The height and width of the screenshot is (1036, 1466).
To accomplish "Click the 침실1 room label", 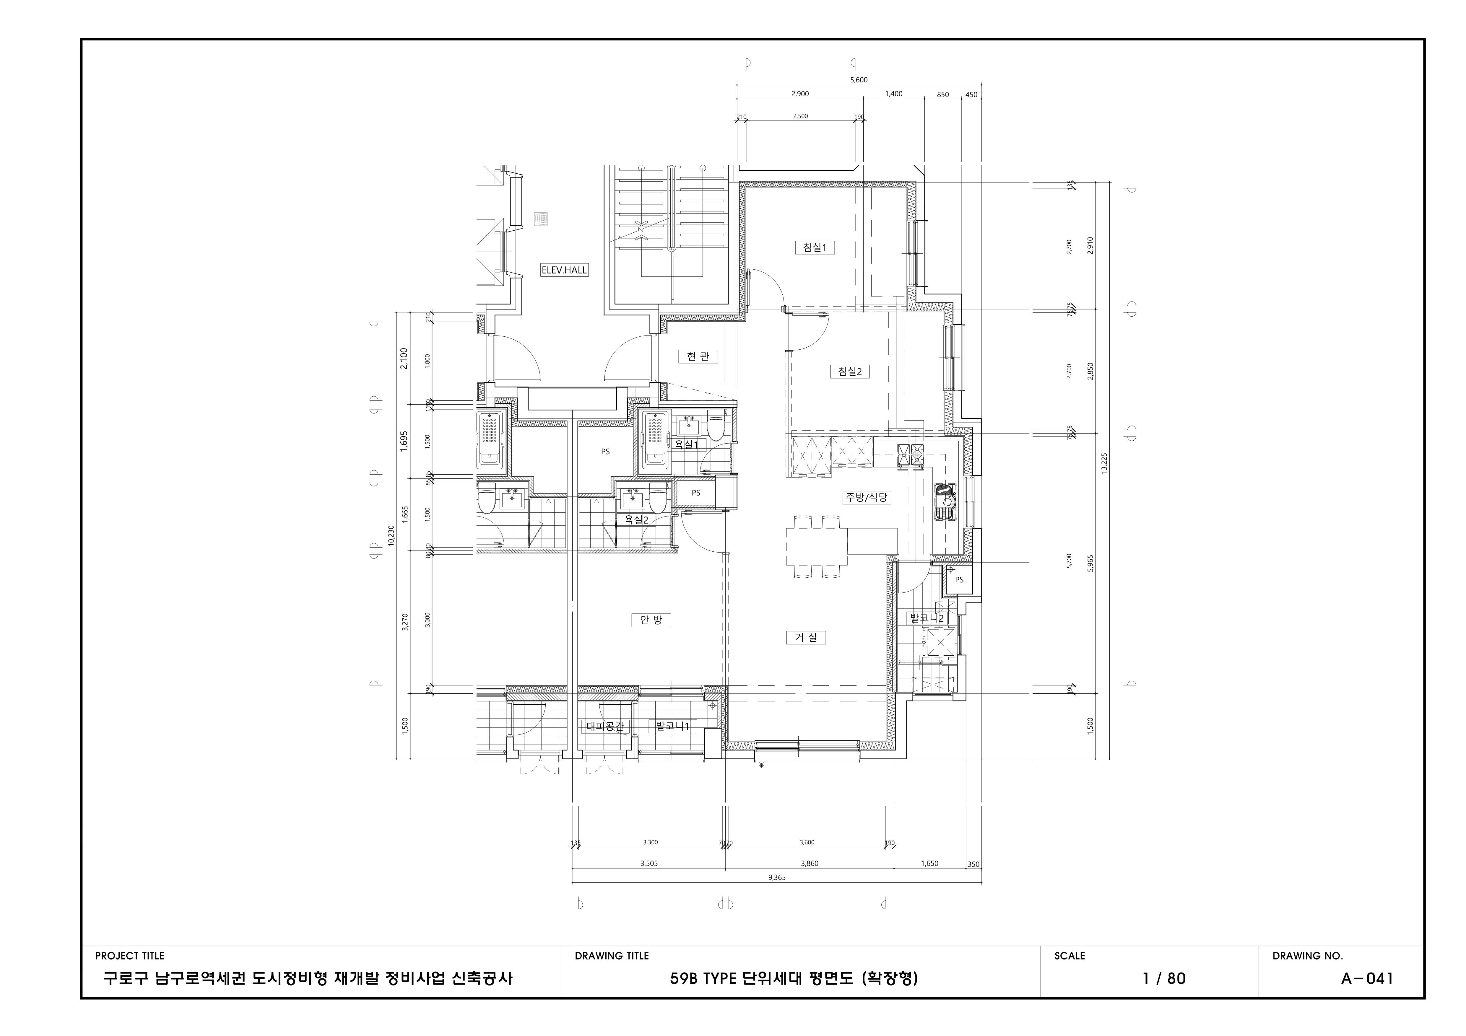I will click(x=815, y=248).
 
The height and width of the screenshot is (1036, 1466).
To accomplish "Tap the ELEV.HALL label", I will click(x=564, y=270).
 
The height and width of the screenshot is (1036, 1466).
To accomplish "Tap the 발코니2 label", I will click(x=926, y=618).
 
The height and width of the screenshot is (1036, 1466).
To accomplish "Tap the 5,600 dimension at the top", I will click(x=859, y=80).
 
